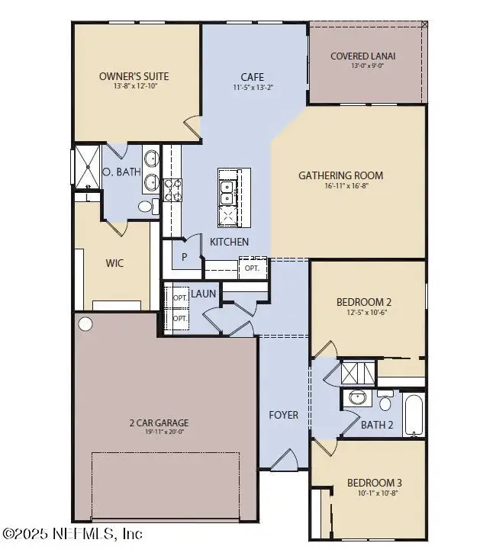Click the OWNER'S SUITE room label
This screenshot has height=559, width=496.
(x=134, y=76)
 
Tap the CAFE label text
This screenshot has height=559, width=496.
(x=253, y=76)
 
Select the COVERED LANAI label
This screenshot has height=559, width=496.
(x=363, y=56)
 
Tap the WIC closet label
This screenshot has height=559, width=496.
(x=114, y=263)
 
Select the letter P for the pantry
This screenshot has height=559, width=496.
(x=184, y=257)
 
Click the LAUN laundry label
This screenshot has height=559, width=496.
(x=204, y=294)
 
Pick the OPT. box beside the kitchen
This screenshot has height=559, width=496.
(x=251, y=268)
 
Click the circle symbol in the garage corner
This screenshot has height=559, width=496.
(x=85, y=324)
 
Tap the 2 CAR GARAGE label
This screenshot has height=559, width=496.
(x=158, y=422)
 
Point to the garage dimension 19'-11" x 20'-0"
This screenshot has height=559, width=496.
(x=158, y=432)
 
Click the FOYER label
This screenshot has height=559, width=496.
(x=283, y=415)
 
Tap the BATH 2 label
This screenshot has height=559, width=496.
(x=377, y=425)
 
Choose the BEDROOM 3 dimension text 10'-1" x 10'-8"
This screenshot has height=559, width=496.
(x=374, y=493)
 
